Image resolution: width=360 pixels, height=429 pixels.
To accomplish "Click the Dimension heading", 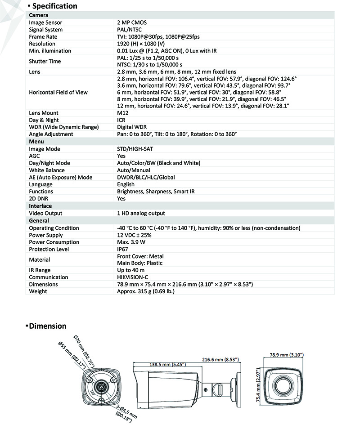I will (x=47, y=326).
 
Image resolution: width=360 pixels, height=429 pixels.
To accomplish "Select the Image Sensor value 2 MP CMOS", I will (x=132, y=22).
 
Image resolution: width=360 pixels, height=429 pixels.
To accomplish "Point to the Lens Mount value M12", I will (x=122, y=113).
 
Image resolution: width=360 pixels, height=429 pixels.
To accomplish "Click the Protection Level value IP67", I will (x=123, y=249).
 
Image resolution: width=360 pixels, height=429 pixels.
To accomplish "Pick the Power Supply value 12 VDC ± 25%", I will (x=134, y=235).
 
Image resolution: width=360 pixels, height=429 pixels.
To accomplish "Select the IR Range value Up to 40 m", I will (x=130, y=270).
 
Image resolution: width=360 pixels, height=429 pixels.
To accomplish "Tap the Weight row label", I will (x=38, y=291).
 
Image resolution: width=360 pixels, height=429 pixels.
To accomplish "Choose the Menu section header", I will (x=36, y=142).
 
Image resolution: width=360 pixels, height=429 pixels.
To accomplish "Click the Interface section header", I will (x=40, y=206).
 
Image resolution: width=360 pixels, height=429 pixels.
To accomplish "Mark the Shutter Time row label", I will (x=45, y=61).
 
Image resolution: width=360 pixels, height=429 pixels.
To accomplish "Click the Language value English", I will (x=126, y=184).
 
